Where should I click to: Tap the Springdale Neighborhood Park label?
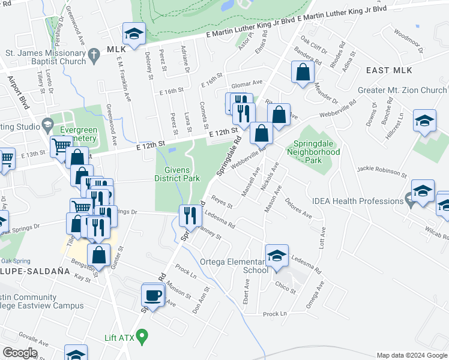[317, 152]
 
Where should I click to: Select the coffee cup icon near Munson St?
[152, 295]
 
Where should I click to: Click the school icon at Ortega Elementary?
[277, 256]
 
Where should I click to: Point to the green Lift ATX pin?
[142, 338]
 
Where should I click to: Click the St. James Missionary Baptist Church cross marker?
[93, 56]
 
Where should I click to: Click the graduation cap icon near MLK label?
[134, 34]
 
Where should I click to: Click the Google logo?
[20, 353]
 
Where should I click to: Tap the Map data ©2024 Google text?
[411, 355]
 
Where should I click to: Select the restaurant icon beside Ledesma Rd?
[190, 215]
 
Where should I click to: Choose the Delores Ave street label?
[298, 207]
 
